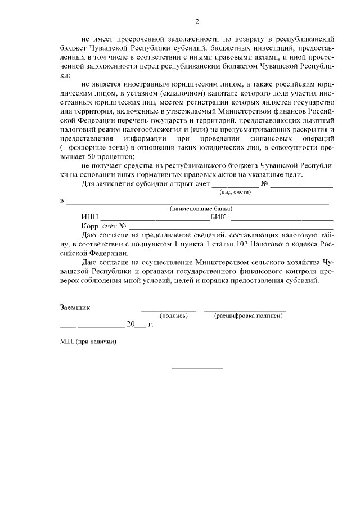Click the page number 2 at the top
197,22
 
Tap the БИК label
218,217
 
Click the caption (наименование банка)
201,209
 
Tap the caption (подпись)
174,316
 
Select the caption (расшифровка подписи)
247,316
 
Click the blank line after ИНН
155,219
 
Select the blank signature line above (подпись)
169,310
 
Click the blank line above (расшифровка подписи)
245,310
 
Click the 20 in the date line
131,325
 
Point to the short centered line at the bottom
197,368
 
